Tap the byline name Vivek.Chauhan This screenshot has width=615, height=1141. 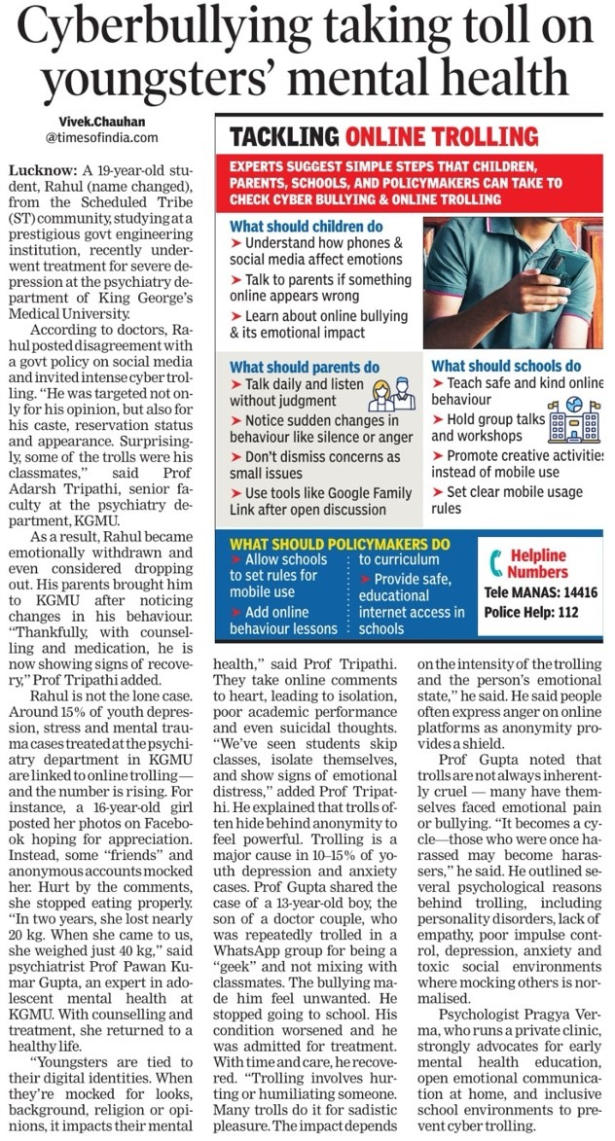[94, 121]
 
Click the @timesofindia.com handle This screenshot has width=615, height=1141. [93, 137]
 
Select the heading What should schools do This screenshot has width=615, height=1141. [506, 367]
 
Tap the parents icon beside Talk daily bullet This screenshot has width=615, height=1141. [391, 393]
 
